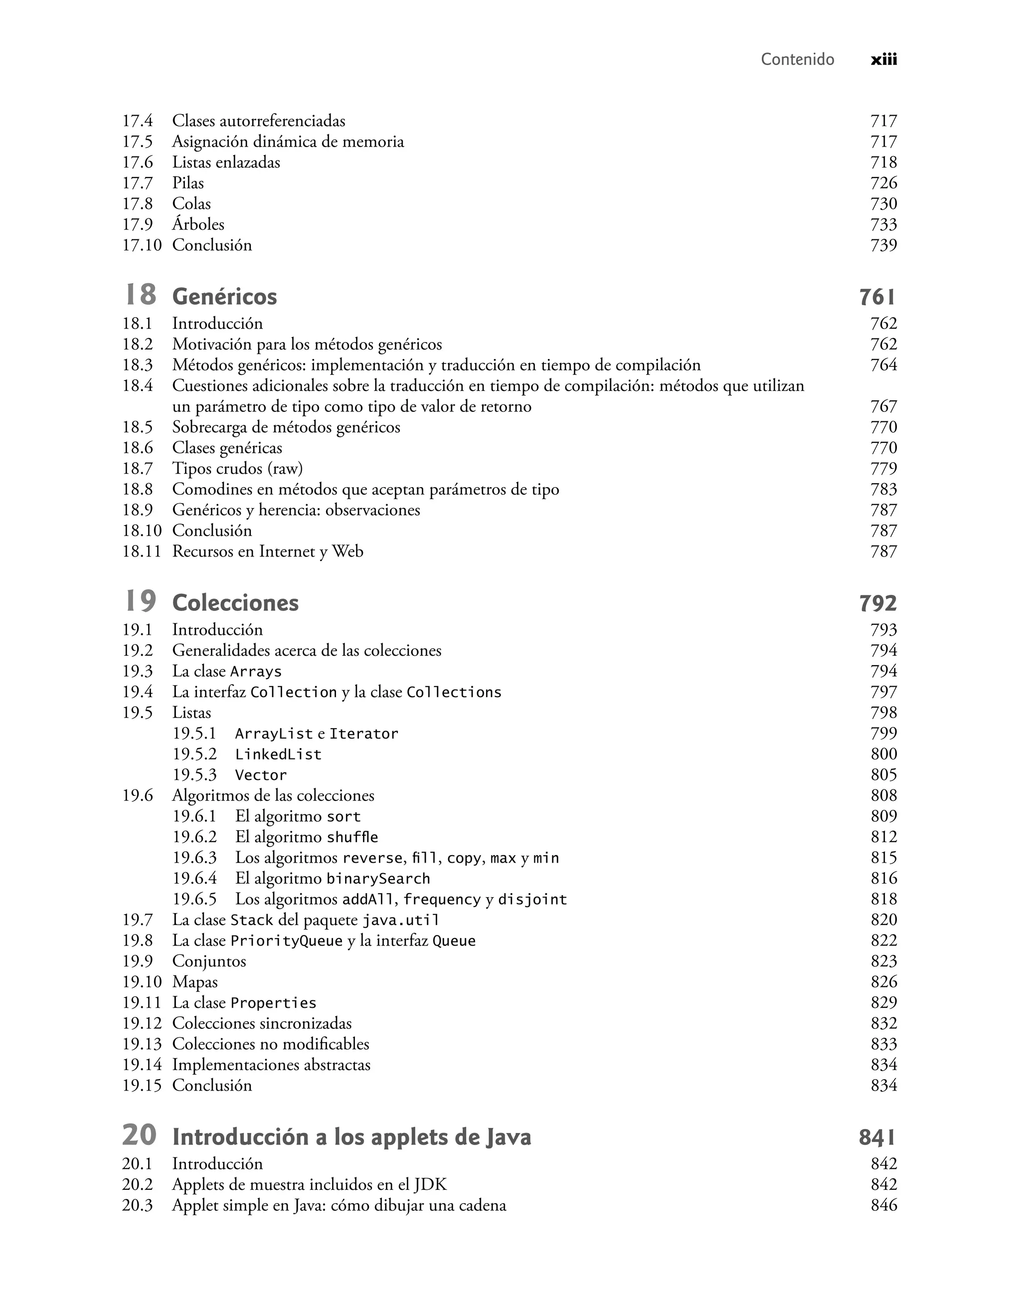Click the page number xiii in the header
tap(883, 59)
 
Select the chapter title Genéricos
tap(224, 297)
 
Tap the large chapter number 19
tap(140, 601)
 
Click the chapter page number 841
tap(877, 1137)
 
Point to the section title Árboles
tap(198, 224)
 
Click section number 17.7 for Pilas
tap(138, 183)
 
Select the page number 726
tap(883, 183)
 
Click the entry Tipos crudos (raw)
tap(237, 469)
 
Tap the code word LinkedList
tap(278, 754)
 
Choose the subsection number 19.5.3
tap(194, 775)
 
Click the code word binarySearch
tap(378, 879)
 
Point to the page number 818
tap(883, 899)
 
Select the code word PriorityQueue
tap(286, 941)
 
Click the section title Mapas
tap(195, 982)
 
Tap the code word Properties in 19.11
tap(273, 1003)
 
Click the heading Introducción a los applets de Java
tap(351, 1137)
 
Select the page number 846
tap(883, 1205)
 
